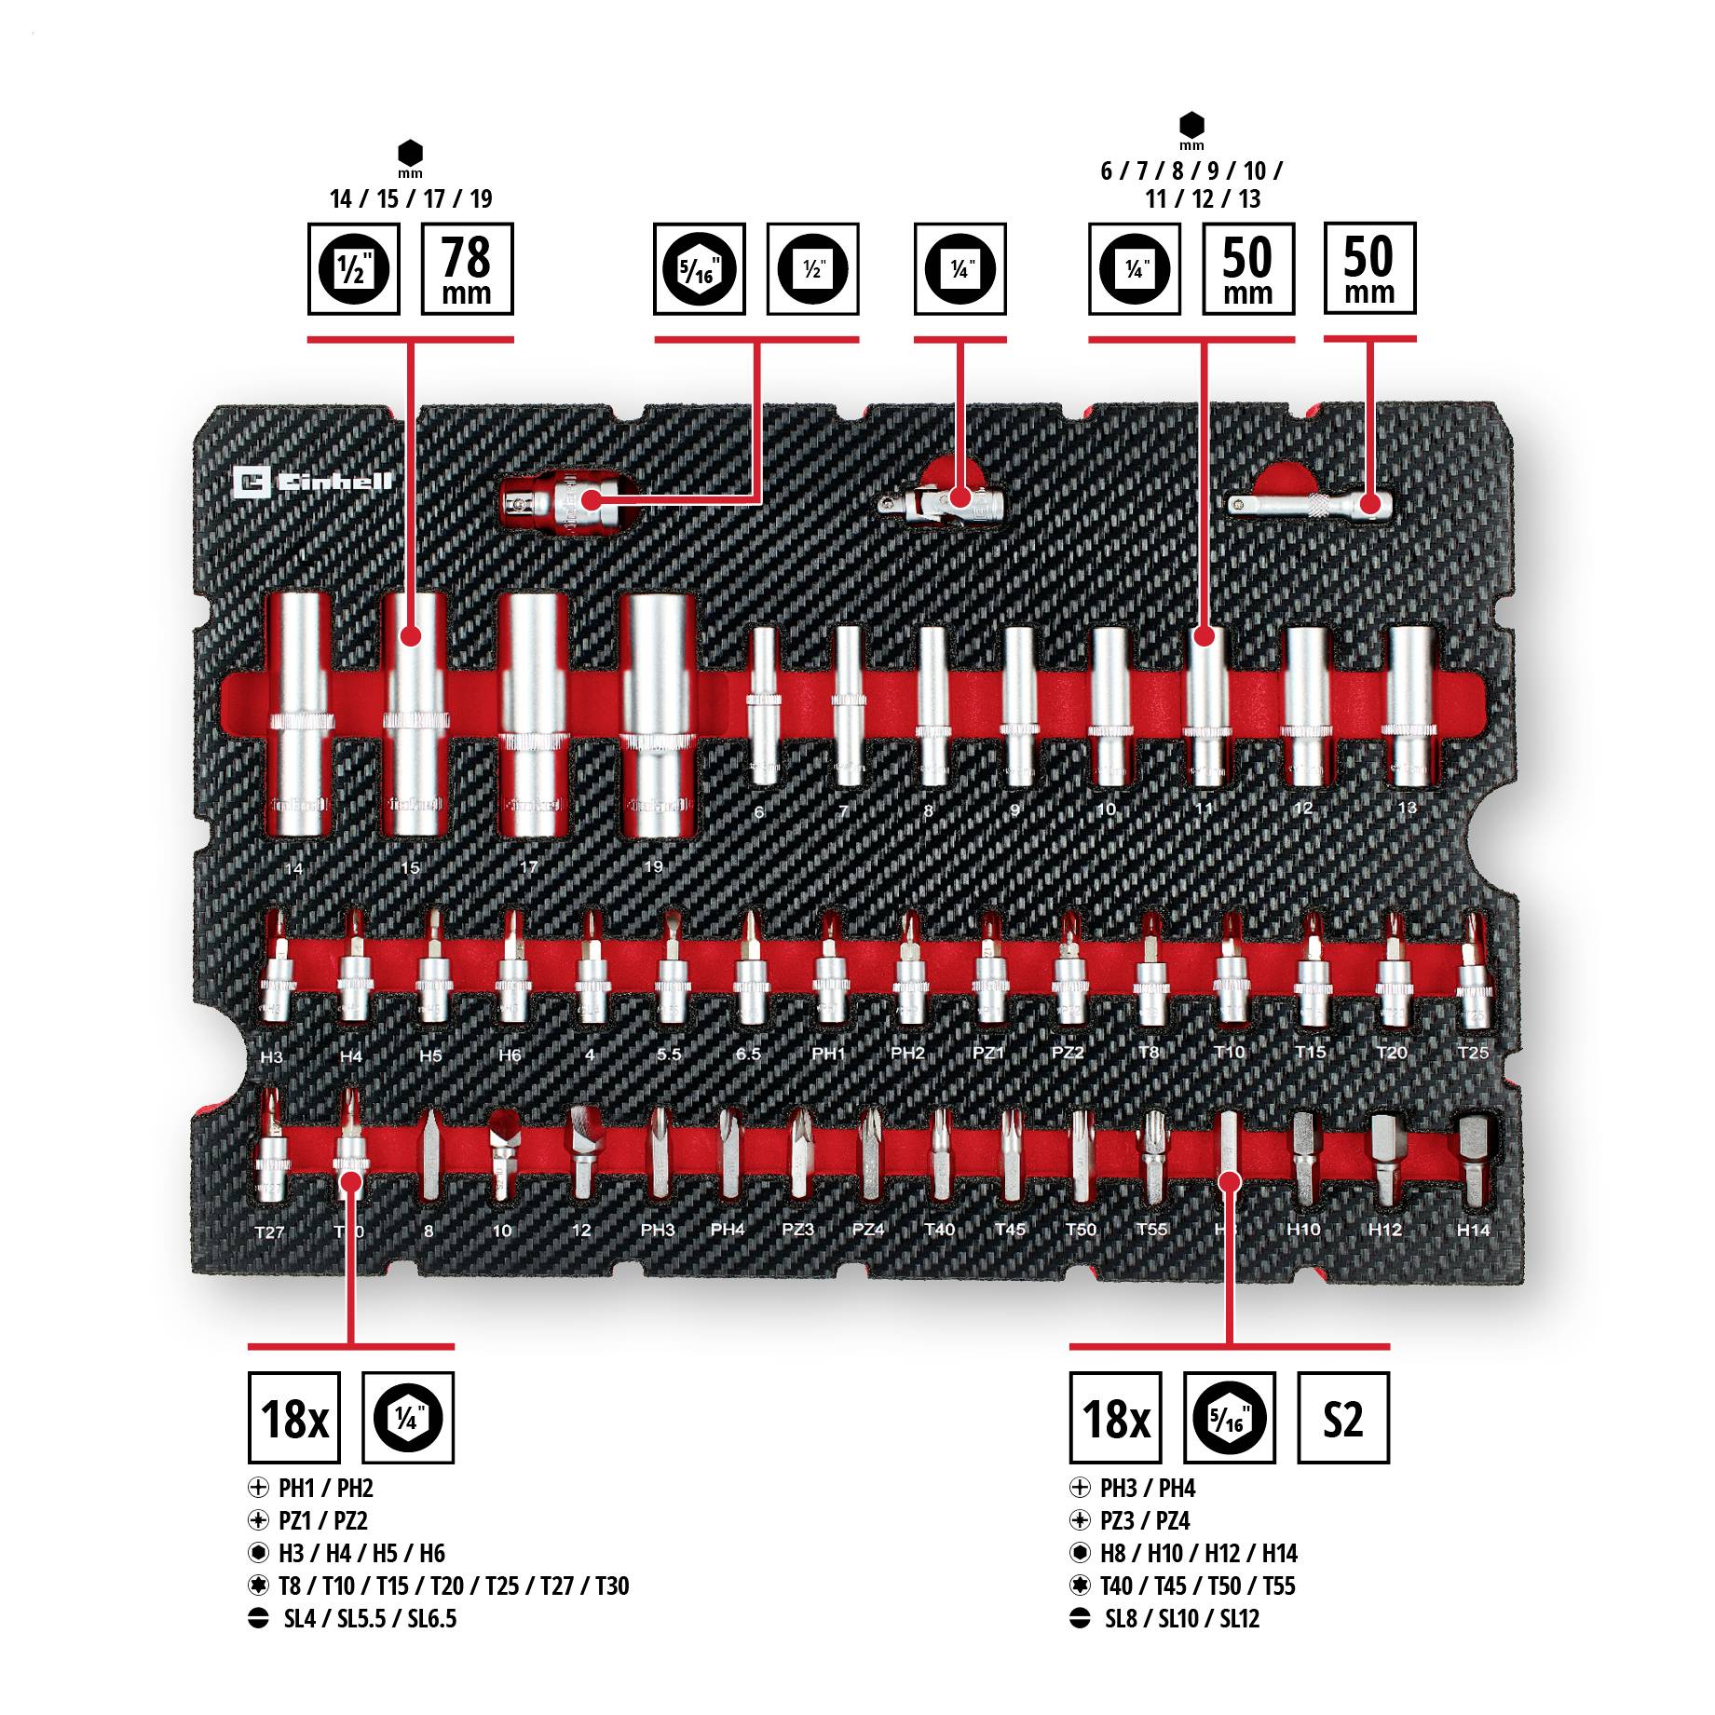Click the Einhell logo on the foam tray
point(312,482)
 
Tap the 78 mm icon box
point(467,269)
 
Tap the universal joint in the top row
point(941,503)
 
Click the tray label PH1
point(828,1054)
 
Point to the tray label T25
point(1473,1053)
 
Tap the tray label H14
point(1473,1230)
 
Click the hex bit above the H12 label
point(1386,1155)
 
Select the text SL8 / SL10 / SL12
point(1181,1618)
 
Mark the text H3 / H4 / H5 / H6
point(361,1553)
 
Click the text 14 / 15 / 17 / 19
point(411,198)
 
